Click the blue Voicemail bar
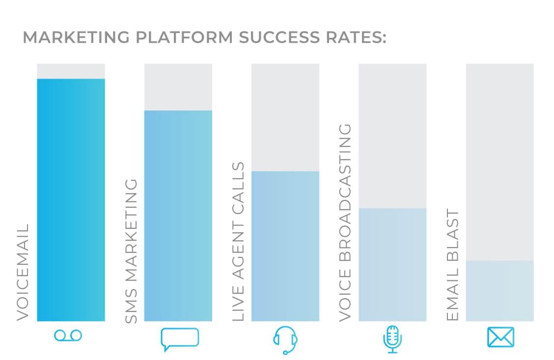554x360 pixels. point(71,200)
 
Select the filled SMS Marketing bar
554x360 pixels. point(178,216)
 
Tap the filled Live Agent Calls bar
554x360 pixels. point(285,246)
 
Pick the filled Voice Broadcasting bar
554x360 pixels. point(392,265)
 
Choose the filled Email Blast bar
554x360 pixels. point(499,291)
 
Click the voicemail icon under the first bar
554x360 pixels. point(68,336)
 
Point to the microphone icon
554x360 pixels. point(392,339)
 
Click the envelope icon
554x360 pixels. point(500,337)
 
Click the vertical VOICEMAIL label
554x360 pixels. point(23,272)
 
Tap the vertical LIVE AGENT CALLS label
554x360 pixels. point(238,241)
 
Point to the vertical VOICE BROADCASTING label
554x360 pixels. point(346,222)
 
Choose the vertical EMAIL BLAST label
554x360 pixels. point(453,265)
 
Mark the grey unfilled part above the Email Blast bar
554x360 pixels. point(499,162)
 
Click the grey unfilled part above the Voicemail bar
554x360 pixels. point(71,71)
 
